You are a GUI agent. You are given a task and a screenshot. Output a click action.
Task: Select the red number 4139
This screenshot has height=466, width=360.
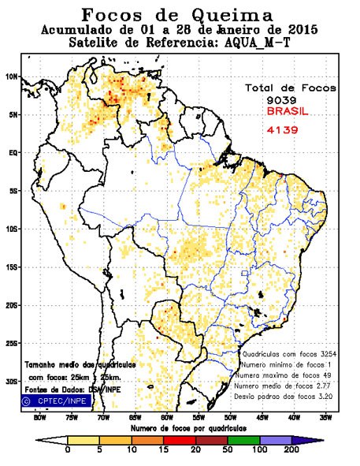coord(280,129)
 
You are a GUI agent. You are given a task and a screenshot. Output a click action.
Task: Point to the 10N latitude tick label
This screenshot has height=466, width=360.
coord(11,76)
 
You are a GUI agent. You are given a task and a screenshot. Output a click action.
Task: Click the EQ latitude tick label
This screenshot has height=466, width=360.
coord(13,152)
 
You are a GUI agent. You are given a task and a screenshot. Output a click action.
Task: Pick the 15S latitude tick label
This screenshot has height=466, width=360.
coord(11,267)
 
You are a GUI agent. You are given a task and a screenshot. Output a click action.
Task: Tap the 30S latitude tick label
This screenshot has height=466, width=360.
coord(11,381)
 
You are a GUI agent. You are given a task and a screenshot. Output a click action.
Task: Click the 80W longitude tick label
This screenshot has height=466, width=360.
coord(39,418)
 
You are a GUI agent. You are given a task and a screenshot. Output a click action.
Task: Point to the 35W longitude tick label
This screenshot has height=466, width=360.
coord(325,418)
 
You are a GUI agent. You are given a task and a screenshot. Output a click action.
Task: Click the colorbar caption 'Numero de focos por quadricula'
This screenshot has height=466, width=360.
coord(180,427)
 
